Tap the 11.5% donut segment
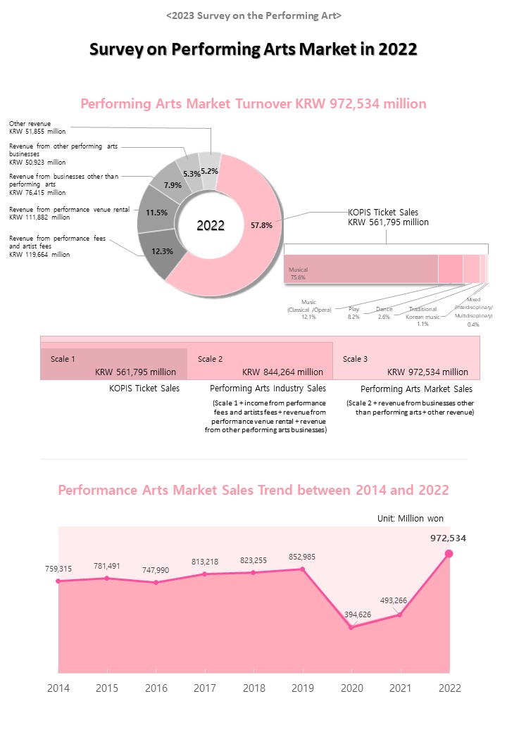click(156, 212)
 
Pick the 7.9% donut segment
click(173, 185)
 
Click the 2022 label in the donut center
click(211, 225)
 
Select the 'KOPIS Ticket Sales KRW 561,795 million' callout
click(388, 217)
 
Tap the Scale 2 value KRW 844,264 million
click(282, 372)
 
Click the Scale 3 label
click(355, 359)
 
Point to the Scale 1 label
click(63, 359)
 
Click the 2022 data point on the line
click(449, 553)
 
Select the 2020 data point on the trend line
click(351, 626)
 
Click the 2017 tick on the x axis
click(204, 688)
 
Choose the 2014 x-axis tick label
click(58, 688)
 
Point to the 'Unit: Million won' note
click(411, 518)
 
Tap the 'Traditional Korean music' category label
click(423, 313)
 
